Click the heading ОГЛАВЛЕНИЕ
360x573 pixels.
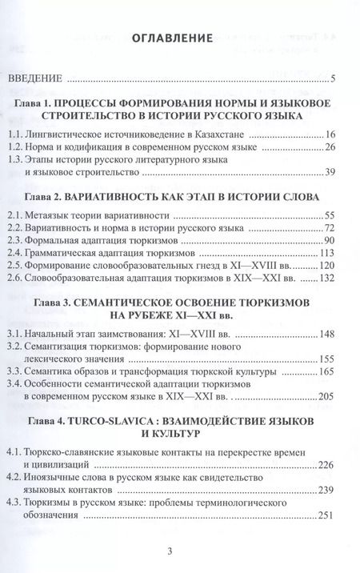pyautogui.click(x=179, y=38)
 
